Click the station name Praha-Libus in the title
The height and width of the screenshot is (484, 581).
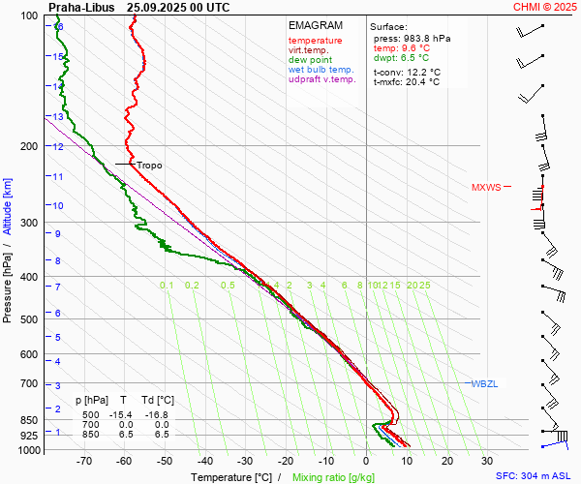[x=80, y=7]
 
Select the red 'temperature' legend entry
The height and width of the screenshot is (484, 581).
[x=315, y=41]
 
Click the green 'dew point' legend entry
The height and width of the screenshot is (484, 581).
[x=310, y=60]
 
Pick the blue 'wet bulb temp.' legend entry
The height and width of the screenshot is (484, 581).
[x=321, y=70]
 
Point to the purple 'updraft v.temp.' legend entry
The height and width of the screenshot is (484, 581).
[x=321, y=79]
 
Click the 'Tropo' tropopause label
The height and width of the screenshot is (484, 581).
[x=149, y=166]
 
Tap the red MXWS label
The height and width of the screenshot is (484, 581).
[x=486, y=188]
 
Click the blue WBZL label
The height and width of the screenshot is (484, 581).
[x=484, y=384]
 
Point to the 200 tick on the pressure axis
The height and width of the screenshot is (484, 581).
[x=32, y=146]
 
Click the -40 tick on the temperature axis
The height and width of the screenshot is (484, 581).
[x=204, y=463]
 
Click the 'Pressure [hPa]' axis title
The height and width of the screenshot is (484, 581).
[x=8, y=281]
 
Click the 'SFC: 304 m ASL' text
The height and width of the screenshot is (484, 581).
[x=533, y=476]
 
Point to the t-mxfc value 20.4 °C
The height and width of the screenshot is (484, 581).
[x=421, y=82]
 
